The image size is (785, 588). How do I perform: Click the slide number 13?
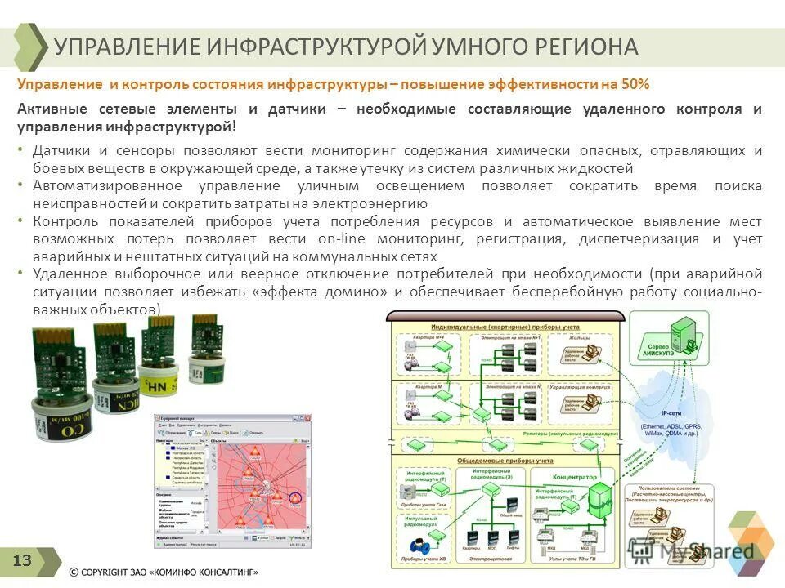point(22,560)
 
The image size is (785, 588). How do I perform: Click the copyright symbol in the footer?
point(74,572)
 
